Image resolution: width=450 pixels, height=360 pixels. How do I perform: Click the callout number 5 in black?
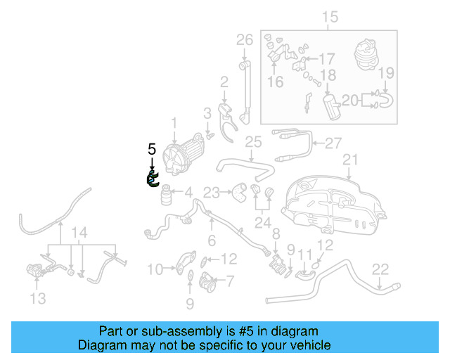tap(151, 148)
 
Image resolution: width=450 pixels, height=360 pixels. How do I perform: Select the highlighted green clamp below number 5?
tap(153, 179)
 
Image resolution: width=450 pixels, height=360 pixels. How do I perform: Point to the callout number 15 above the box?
tap(329, 15)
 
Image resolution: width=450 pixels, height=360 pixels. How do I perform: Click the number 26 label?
tap(244, 39)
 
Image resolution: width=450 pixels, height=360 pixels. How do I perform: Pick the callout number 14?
tap(81, 233)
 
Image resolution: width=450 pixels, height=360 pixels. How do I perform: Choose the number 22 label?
tap(380, 268)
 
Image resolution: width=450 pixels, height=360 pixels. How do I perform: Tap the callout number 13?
tap(38, 299)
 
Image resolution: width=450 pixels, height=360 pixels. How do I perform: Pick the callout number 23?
tap(212, 191)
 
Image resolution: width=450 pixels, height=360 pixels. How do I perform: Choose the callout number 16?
tap(275, 82)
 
